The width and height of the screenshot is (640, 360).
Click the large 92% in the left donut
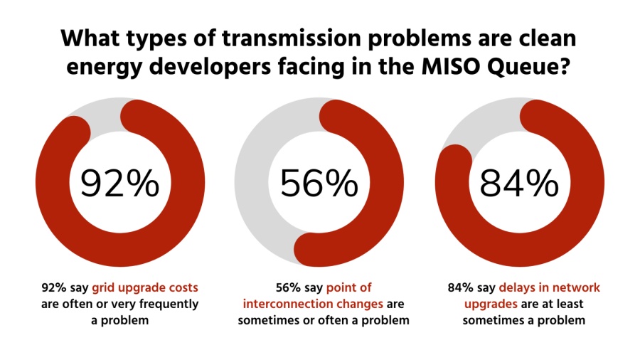tap(119, 184)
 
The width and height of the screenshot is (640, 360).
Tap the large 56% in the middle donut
tap(319, 184)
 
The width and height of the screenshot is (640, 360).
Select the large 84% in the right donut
tap(519, 184)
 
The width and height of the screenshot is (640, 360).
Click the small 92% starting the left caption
tap(54, 288)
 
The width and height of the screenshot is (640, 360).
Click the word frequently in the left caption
tap(166, 305)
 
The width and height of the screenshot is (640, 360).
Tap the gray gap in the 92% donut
tap(105, 114)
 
